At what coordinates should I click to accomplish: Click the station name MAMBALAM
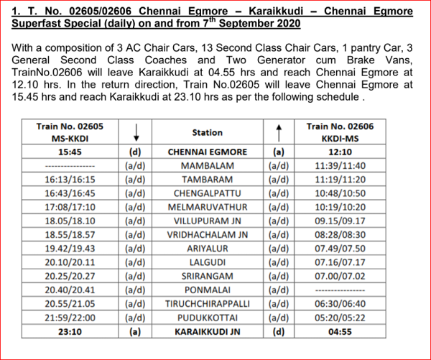[x=207, y=166]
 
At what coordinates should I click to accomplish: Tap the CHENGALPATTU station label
[x=207, y=193]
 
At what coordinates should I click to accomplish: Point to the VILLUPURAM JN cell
[x=207, y=221]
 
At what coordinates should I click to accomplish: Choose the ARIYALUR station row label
[x=207, y=249]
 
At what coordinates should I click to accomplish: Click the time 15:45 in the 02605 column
[x=70, y=152]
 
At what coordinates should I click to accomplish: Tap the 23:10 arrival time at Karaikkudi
[x=70, y=331]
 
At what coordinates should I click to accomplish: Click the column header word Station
[x=207, y=132]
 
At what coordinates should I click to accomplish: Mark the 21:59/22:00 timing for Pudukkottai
[x=70, y=317]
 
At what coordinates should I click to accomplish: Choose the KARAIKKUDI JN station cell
[x=207, y=331]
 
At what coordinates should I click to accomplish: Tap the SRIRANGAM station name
[x=207, y=276]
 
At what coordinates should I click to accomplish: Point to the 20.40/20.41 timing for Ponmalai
[x=70, y=290]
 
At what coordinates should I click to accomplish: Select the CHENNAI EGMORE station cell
[x=207, y=152]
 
